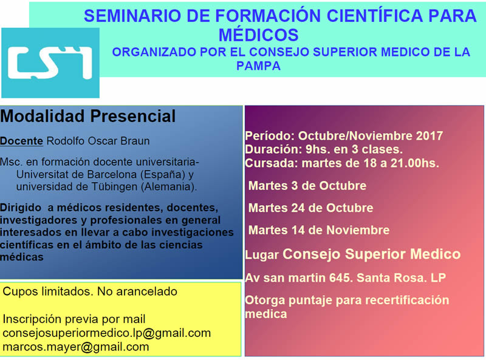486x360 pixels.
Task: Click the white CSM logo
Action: (50, 63)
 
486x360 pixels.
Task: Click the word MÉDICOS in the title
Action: (259, 35)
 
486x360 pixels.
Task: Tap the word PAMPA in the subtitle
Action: (259, 66)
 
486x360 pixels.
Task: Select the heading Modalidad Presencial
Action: (88, 116)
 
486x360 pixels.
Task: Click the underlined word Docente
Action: (21, 141)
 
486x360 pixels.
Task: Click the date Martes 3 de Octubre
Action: (307, 186)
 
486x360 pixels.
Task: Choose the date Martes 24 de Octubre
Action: (310, 208)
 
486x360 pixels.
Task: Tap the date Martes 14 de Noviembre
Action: (319, 230)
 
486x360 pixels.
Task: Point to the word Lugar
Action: (262, 254)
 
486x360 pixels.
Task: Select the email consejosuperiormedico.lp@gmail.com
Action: (107, 333)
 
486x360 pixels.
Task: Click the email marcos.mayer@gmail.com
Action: (75, 347)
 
